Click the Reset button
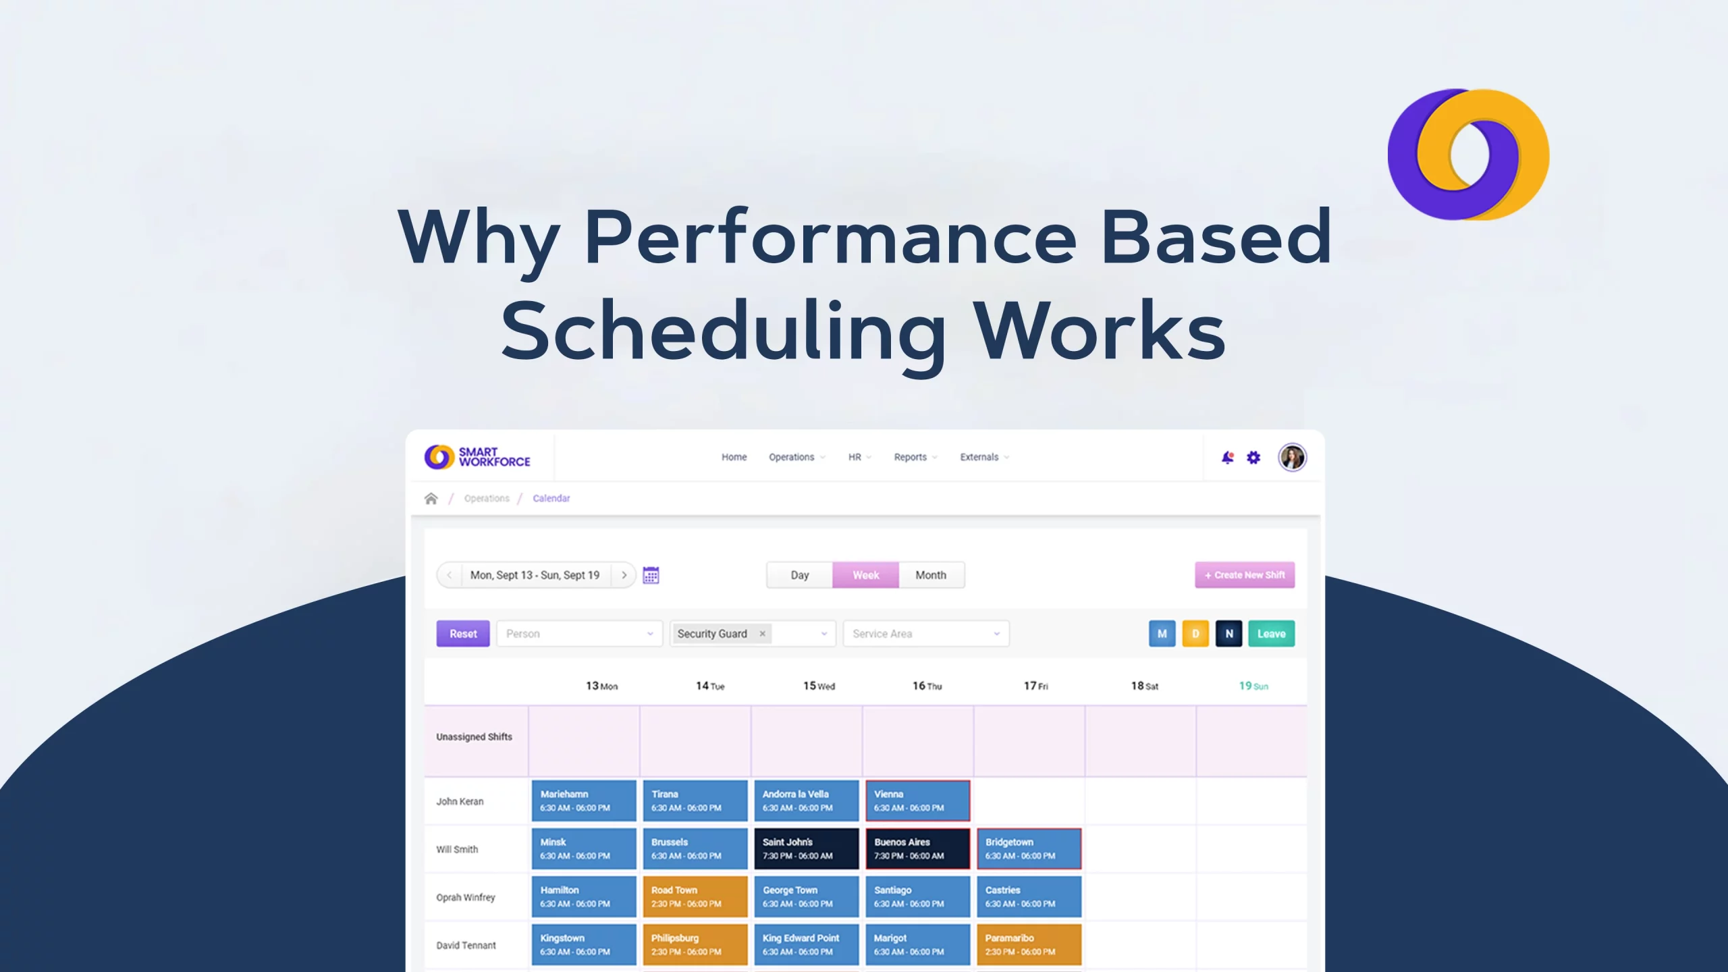click(x=462, y=634)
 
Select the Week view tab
click(x=865, y=575)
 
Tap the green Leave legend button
click(x=1271, y=634)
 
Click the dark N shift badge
click(x=1228, y=634)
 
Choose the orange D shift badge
click(x=1195, y=634)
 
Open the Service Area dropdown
click(x=925, y=634)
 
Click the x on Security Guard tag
click(x=762, y=634)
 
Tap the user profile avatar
click(x=1292, y=458)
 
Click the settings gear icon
click(x=1253, y=458)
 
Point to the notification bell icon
click(x=1227, y=458)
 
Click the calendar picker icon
click(x=651, y=575)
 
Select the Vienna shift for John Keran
click(x=917, y=801)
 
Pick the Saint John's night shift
click(x=806, y=848)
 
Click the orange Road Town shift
click(x=695, y=896)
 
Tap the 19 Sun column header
click(x=1253, y=686)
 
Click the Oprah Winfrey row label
click(x=466, y=897)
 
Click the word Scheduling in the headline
click(x=724, y=331)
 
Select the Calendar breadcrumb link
click(x=551, y=498)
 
